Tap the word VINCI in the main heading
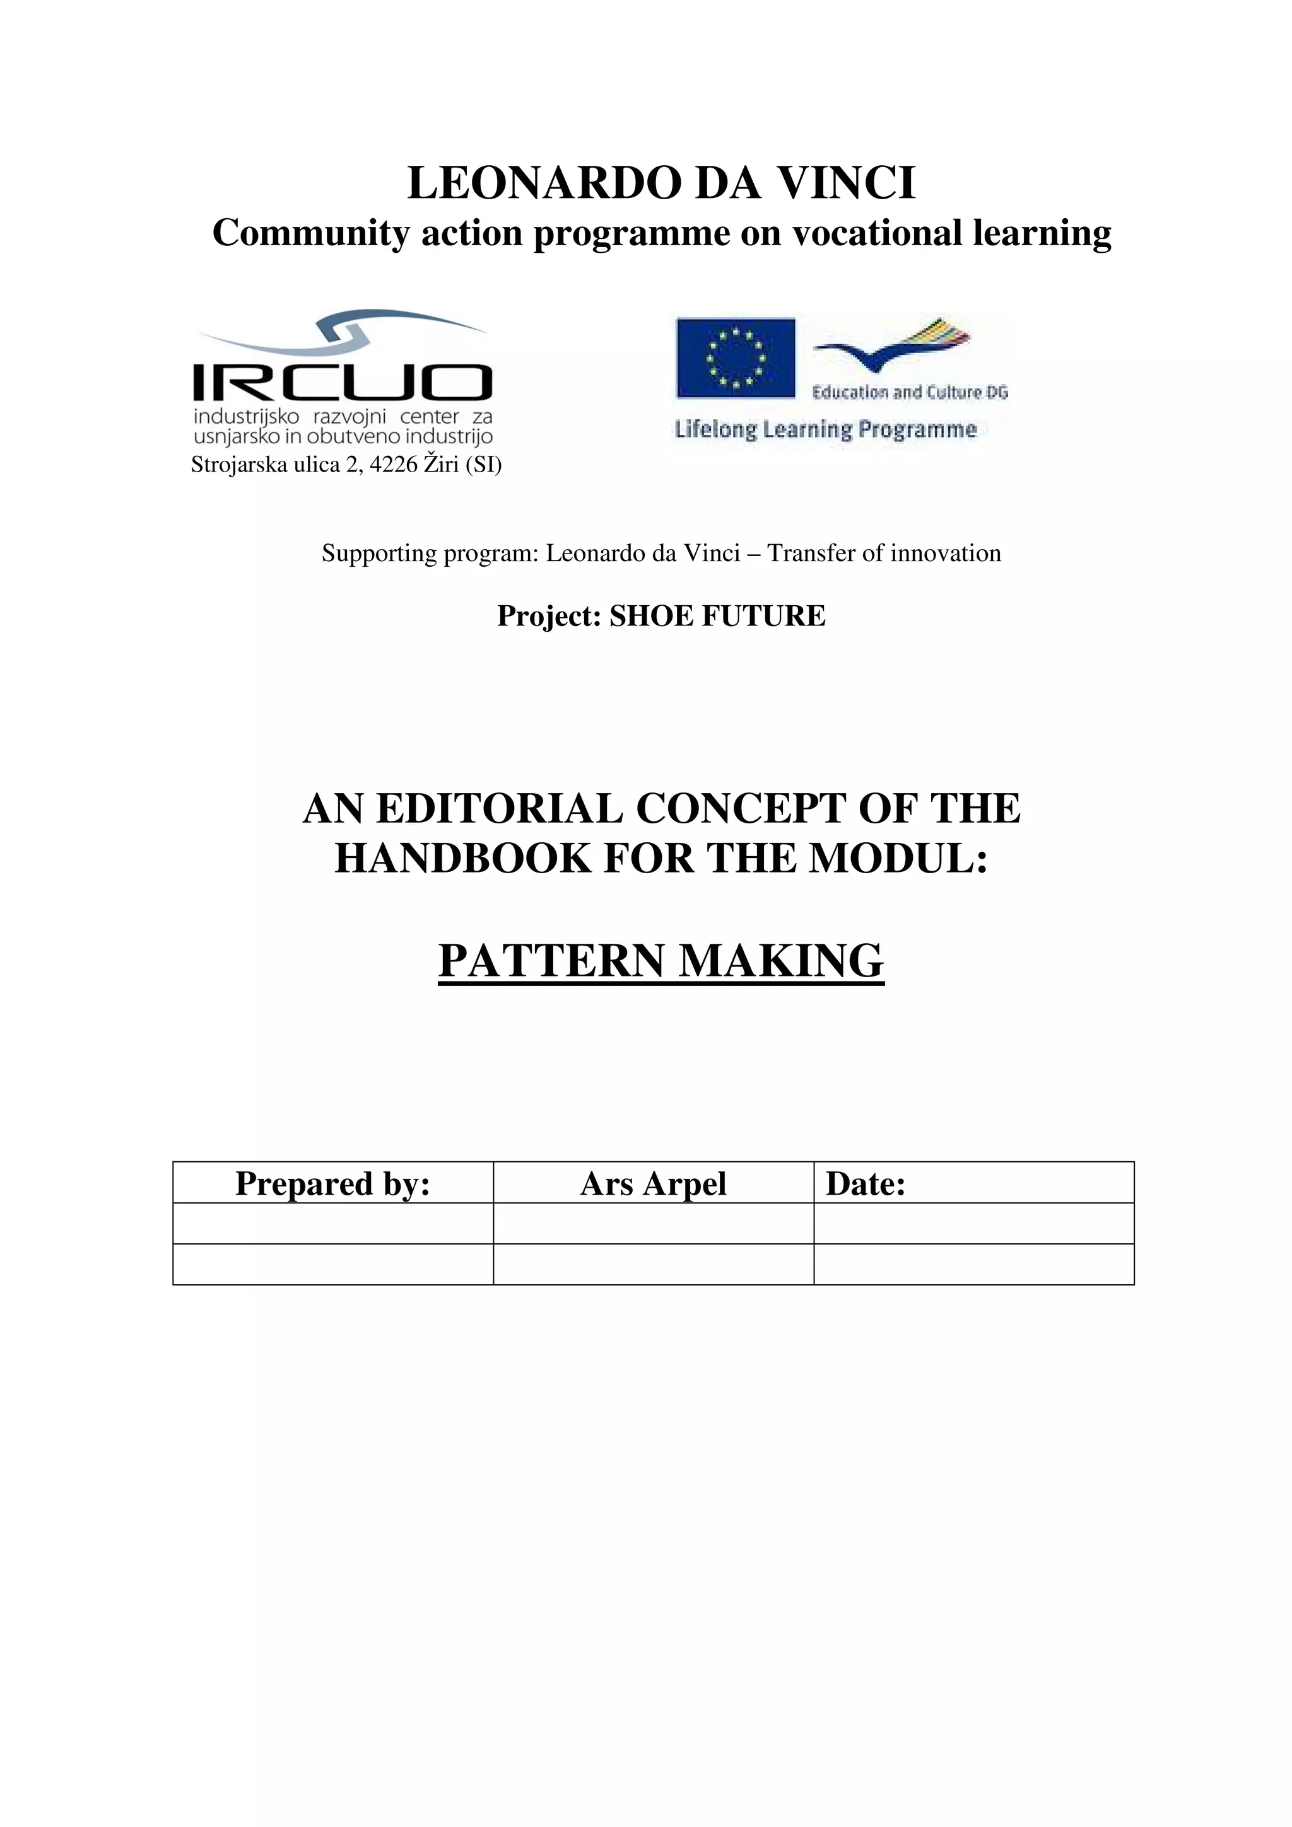[x=846, y=183]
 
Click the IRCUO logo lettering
[x=343, y=383]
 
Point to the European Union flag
[x=736, y=357]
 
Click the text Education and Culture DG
[x=910, y=392]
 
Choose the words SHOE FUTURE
[x=717, y=616]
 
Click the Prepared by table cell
[x=332, y=1183]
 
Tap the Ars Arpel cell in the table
[x=653, y=1183]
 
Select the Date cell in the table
[x=973, y=1183]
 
